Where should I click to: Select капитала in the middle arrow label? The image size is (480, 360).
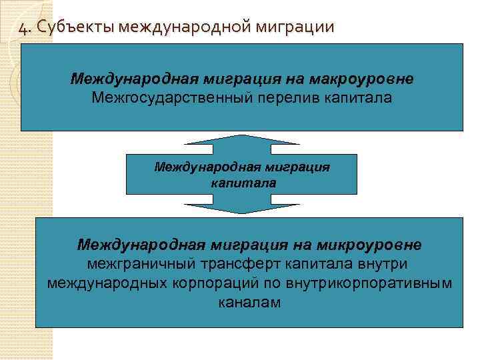click(242, 182)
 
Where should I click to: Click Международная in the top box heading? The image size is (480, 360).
click(128, 79)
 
